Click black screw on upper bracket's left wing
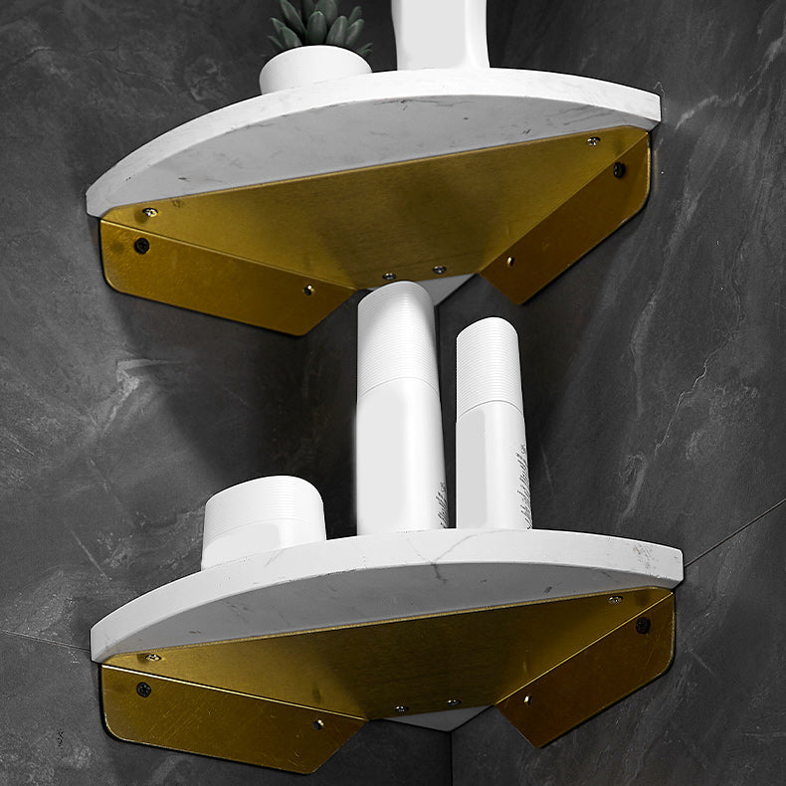(141, 245)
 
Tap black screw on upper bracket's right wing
(619, 170)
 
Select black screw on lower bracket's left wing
(144, 688)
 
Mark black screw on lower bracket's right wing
(643, 625)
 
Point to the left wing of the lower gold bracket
(229, 721)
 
